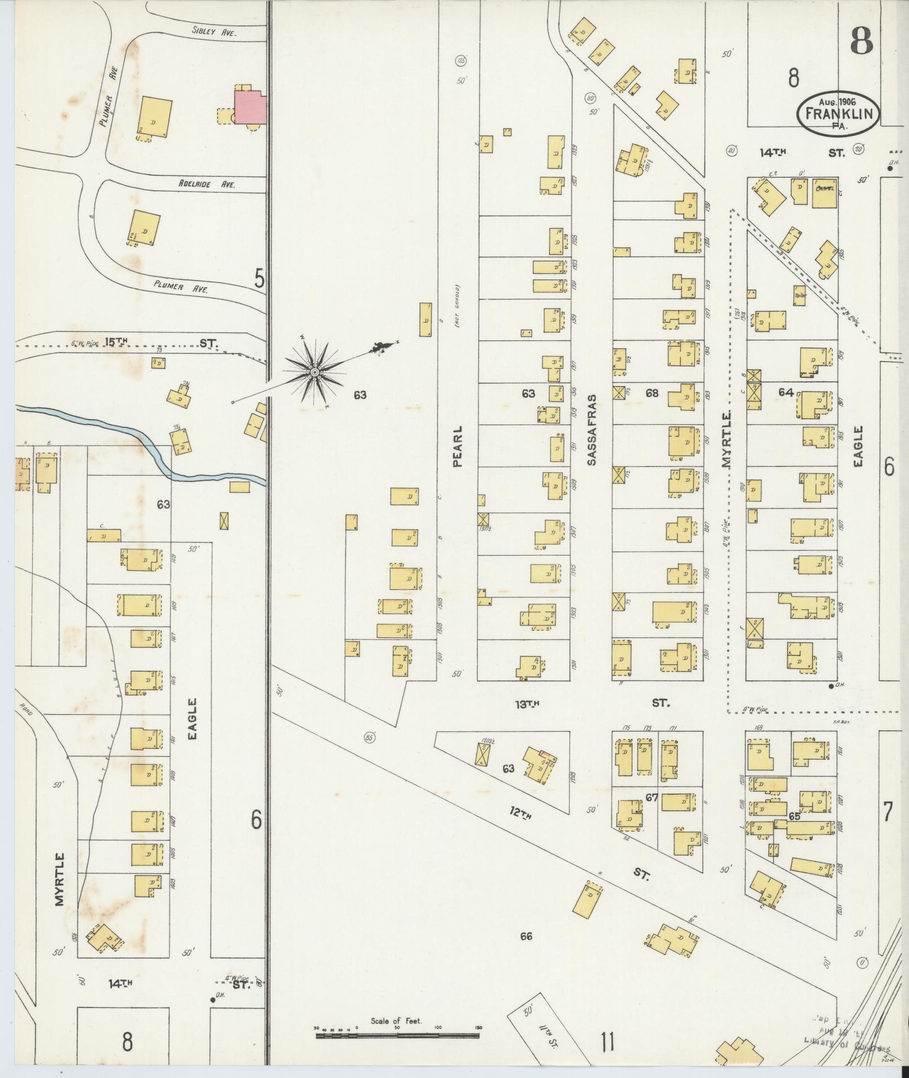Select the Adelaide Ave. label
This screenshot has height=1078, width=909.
tap(207, 184)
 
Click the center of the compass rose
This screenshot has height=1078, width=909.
tap(314, 372)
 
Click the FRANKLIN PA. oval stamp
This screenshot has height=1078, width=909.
tap(838, 115)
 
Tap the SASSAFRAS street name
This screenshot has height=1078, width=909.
tap(591, 429)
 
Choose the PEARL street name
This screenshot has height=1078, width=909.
tap(458, 446)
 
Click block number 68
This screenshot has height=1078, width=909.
tap(652, 393)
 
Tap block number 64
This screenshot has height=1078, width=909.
tap(786, 392)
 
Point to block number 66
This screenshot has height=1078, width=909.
tap(526, 937)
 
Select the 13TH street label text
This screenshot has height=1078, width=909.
tap(528, 703)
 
